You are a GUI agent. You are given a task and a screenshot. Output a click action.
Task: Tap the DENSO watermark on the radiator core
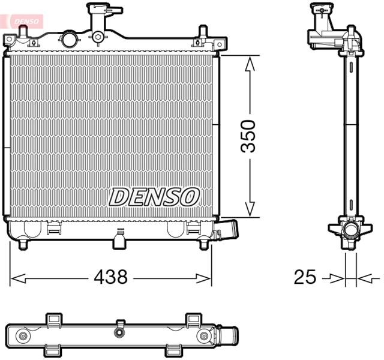tap(154, 196)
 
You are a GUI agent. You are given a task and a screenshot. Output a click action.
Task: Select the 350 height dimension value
tap(249, 137)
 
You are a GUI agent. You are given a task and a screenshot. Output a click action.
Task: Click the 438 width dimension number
tap(111, 277)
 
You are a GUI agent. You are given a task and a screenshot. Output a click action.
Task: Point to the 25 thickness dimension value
tap(305, 277)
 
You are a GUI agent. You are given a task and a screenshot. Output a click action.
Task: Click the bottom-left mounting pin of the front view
tap(23, 244)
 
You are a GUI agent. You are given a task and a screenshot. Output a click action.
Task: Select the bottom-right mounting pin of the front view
tap(204, 244)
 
